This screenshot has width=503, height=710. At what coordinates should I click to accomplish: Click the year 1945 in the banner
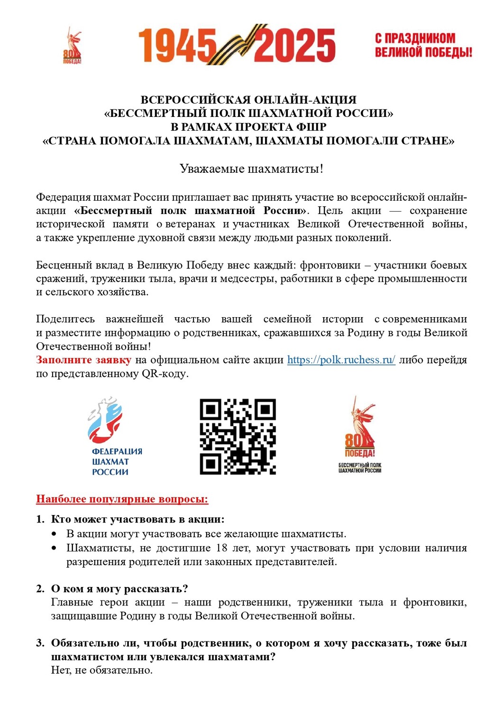pos(176,45)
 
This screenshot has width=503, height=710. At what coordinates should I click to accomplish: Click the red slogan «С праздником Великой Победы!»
pos(423,45)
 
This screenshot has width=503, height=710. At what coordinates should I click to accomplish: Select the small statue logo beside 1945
pos(73,45)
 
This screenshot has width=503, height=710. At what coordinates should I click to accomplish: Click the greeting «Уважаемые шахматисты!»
pos(251,169)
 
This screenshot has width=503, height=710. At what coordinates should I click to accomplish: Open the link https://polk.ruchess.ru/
pos(341,360)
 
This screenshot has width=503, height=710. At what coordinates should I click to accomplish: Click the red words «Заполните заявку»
pos(83,360)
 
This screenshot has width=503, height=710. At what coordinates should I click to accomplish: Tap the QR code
pos(238,436)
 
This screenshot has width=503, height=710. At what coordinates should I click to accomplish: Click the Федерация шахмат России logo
pos(112,435)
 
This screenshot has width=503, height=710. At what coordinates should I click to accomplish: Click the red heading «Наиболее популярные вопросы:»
pos(122,499)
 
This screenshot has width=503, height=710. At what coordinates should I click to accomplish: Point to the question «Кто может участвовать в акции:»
pos(137,519)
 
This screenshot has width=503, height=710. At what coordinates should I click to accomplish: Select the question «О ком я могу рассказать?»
pos(119,589)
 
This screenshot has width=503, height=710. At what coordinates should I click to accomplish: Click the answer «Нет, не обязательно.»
pos(102,670)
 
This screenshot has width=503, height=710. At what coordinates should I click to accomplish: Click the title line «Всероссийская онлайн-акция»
pos(248,100)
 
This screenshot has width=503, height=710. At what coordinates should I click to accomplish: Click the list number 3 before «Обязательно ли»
pos(40,643)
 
